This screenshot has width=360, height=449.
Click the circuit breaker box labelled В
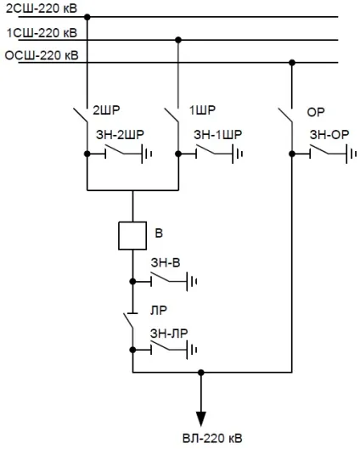pos(132,236)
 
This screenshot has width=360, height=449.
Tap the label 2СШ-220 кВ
pos(42,8)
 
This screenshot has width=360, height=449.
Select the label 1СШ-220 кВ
pos(42,33)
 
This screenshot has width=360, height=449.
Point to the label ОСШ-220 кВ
pos(42,55)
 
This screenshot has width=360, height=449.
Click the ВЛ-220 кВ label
pos(212,439)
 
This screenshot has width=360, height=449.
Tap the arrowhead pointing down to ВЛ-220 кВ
pos(201,418)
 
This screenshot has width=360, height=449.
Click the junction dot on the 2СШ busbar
pos(87,17)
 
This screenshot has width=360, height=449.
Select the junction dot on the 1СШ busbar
pos(178,40)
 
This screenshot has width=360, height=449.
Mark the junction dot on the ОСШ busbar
pos(292,63)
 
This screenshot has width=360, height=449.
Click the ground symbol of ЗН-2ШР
pos(146,154)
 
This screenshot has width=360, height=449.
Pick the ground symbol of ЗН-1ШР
pos(238,154)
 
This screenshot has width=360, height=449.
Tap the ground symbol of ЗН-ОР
pos(351,154)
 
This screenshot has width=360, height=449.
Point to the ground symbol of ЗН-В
pos(192,282)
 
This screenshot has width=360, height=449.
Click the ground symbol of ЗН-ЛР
pos(192,350)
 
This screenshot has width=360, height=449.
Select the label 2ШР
pos(106,110)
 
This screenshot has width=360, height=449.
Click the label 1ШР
pos(202,110)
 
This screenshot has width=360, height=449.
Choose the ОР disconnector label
pos(316,112)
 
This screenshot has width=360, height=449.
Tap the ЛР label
pos(159,311)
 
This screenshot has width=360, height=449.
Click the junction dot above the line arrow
pos(201,373)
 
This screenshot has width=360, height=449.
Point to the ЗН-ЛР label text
pos(169,334)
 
